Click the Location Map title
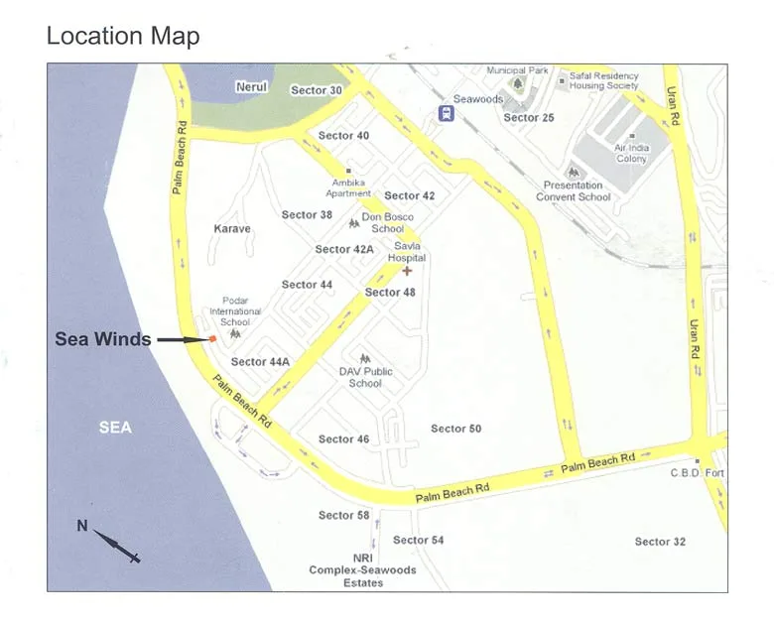pos(123,37)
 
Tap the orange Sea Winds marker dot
pos(212,339)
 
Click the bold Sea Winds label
pos(103,339)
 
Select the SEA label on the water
pos(115,428)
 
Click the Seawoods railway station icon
pos(446,113)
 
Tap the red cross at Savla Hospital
pos(407,271)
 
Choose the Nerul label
pos(251,87)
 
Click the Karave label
pos(232,229)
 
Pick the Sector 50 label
pos(456,429)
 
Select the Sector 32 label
pos(660,542)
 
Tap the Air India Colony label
pos(632,153)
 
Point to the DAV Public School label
pos(365,377)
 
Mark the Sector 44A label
pos(260,362)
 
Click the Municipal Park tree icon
pos(517,83)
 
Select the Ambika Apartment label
pos(348,188)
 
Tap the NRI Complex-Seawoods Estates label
pos(362,570)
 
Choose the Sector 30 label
pos(317,90)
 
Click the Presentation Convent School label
pos(574,190)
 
